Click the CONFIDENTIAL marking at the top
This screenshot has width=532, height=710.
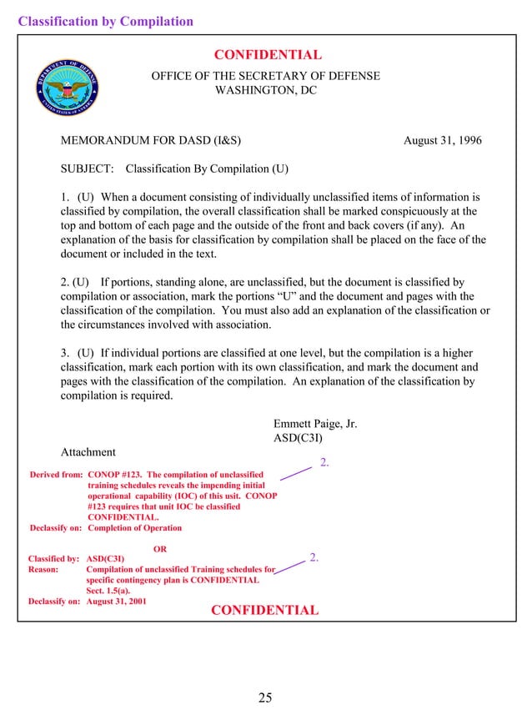[x=268, y=55]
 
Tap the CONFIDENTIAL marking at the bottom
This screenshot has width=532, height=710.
[x=264, y=610]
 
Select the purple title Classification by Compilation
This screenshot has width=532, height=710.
[x=106, y=22]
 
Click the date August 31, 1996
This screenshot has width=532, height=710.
[x=442, y=140]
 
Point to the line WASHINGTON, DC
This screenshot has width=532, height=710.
[x=266, y=90]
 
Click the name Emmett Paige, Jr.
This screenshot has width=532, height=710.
[x=315, y=424]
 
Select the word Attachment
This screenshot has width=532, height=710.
[x=88, y=452]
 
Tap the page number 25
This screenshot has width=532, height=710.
[x=265, y=697]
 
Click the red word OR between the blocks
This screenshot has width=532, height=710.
[x=161, y=548]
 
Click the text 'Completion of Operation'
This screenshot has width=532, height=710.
[x=134, y=528]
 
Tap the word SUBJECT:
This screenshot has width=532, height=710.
[x=88, y=169]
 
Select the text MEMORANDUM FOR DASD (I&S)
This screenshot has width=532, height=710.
[x=151, y=140]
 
